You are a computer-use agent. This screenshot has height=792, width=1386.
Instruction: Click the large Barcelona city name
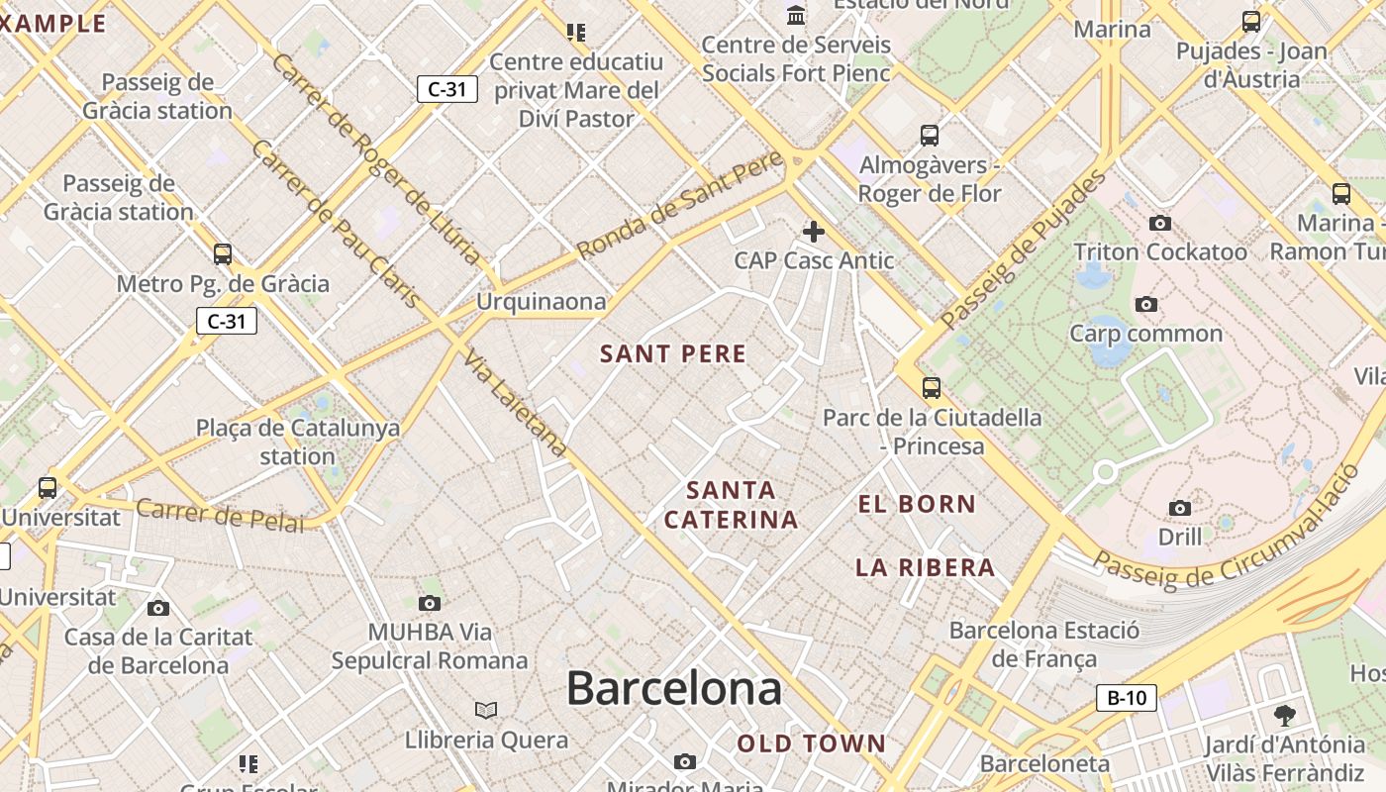[x=673, y=688]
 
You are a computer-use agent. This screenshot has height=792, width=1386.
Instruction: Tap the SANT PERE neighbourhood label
[x=673, y=353]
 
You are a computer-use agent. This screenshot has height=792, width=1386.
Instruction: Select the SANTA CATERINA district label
[x=731, y=505]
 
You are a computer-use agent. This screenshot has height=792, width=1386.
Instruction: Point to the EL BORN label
[x=917, y=504]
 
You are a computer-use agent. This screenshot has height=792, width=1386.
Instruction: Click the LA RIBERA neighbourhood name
[x=925, y=567]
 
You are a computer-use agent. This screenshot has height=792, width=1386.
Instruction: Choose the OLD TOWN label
[x=811, y=743]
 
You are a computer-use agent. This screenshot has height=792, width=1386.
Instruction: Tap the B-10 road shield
[x=1127, y=698]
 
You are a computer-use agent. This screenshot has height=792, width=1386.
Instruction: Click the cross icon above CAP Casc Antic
[x=814, y=232]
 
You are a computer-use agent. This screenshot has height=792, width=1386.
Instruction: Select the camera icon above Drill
[x=1180, y=509]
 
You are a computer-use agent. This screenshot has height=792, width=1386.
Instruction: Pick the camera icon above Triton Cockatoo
[x=1160, y=224]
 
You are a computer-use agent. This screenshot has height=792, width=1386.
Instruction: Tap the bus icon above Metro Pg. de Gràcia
[x=223, y=254]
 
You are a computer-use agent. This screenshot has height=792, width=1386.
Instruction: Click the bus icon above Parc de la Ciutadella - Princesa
[x=931, y=388]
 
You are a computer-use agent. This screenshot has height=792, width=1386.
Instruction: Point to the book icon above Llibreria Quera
[x=486, y=710]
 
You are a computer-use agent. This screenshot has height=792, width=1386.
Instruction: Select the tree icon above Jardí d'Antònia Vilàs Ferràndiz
[x=1285, y=715]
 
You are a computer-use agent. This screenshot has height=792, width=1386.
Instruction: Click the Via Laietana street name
[x=515, y=404]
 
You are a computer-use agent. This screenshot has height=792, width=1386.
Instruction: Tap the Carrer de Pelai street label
[x=220, y=516]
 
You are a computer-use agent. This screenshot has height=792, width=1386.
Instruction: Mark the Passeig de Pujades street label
[x=1024, y=249]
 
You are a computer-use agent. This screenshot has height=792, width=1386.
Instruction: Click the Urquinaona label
[x=541, y=301]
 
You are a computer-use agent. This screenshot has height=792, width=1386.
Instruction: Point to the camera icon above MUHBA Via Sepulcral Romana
[x=430, y=603]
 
